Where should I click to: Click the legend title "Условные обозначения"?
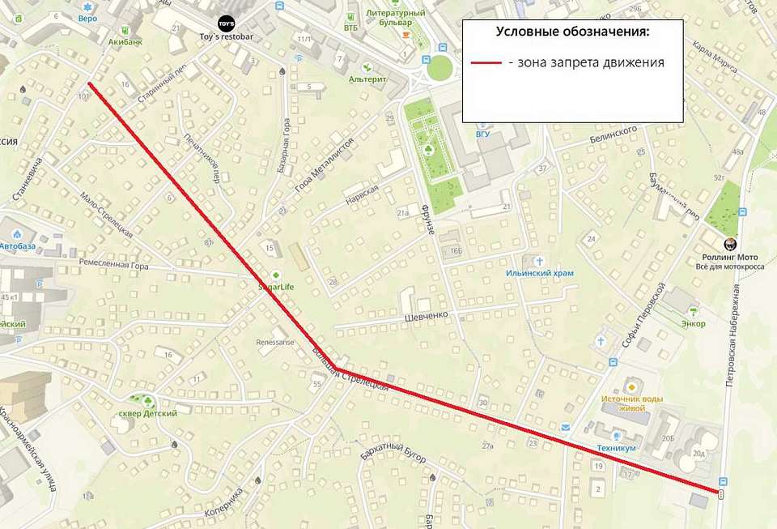[x=572, y=32]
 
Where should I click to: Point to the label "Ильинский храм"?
[x=540, y=273]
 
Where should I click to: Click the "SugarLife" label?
[x=276, y=286]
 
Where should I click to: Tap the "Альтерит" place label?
[x=367, y=79]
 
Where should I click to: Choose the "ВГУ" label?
[x=483, y=134]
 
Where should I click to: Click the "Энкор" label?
[x=693, y=323]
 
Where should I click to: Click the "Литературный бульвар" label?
[x=396, y=18]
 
